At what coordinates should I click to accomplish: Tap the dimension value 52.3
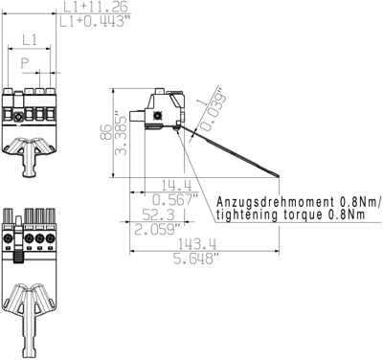(153, 215)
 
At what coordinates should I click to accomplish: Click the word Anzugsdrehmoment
(275, 203)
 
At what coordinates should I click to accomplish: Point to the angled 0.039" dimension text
(211, 110)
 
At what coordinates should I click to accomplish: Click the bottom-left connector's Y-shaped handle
(30, 306)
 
